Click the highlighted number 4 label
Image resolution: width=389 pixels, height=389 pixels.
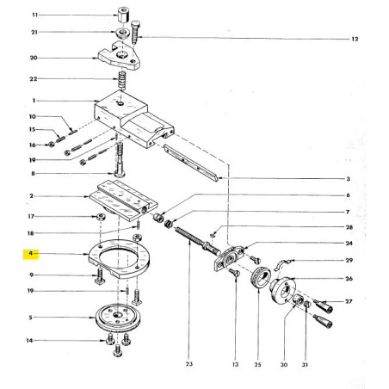click(x=31, y=254)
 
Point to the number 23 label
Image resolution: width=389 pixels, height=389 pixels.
click(x=188, y=365)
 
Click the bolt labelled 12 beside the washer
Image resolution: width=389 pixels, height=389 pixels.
click(x=141, y=40)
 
